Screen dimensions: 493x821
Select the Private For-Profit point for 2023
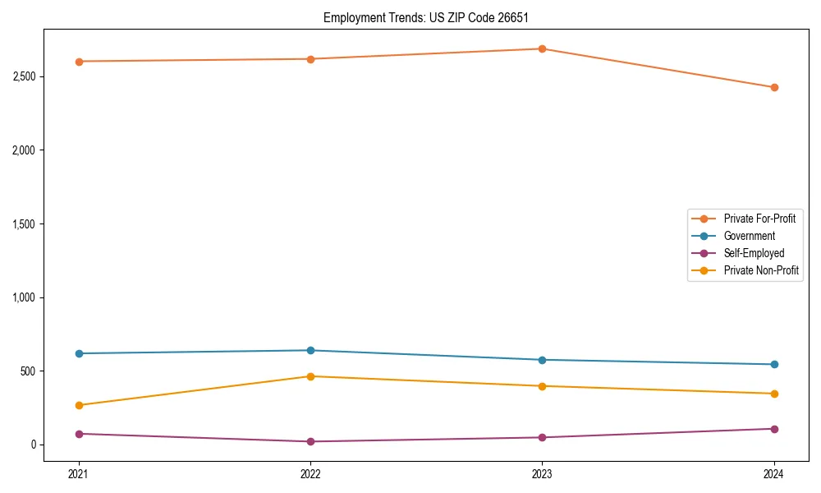[543, 48]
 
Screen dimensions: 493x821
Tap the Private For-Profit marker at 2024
[774, 87]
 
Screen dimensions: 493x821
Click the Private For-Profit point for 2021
[79, 62]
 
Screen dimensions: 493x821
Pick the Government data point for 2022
[310, 351]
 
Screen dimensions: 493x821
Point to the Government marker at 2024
[774, 365]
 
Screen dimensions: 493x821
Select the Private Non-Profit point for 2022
[310, 376]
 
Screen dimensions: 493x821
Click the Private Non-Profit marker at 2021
[79, 405]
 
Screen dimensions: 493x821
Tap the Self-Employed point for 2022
[310, 442]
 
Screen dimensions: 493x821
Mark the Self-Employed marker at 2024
[774, 429]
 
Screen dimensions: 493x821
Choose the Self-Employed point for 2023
[543, 437]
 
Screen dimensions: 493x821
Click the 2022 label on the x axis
[310, 474]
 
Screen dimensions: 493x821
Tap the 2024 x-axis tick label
[774, 474]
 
